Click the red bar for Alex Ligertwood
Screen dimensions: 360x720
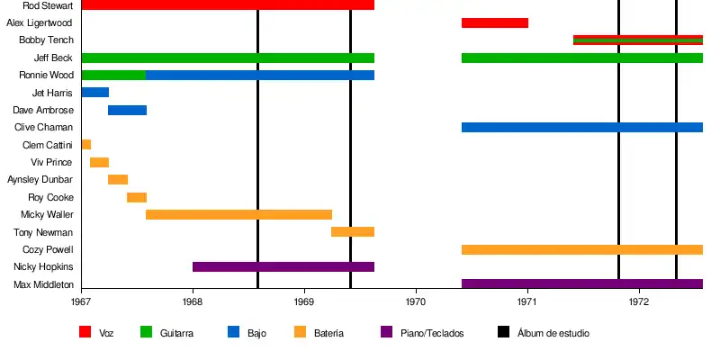494,22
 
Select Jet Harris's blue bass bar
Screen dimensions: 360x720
94,92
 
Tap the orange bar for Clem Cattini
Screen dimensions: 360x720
85,145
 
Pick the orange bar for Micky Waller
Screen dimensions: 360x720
238,214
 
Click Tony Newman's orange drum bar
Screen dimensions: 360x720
352,232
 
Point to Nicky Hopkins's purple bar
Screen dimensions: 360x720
283,266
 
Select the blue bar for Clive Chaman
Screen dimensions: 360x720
581,127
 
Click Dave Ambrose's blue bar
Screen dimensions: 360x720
127,110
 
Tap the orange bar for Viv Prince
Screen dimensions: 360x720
99,162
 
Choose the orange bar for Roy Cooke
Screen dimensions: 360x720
136,197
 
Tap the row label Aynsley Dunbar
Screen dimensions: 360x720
40,179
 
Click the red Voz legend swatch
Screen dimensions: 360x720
85,332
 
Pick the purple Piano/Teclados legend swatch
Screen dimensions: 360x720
387,332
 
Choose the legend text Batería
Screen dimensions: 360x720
328,333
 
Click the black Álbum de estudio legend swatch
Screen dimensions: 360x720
503,332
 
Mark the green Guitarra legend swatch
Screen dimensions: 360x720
146,332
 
